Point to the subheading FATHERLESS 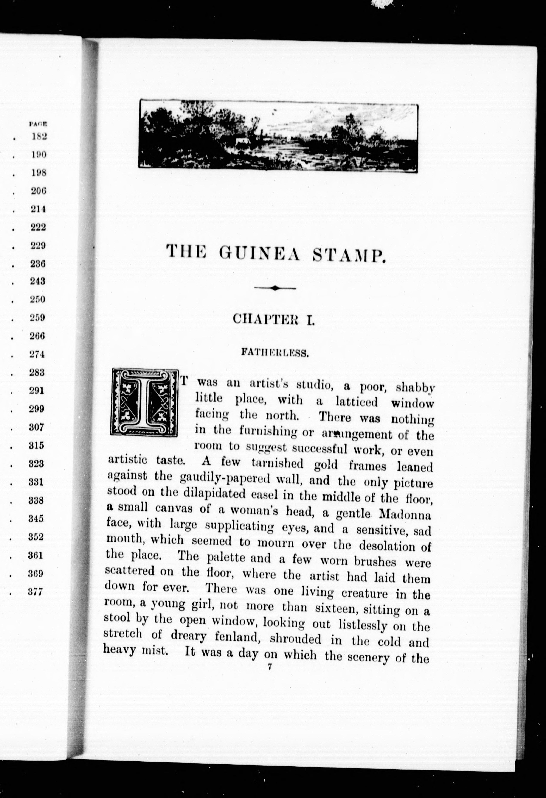pyautogui.click(x=275, y=353)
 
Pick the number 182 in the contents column pyautogui.click(x=39, y=136)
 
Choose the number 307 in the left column pyautogui.click(x=37, y=427)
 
